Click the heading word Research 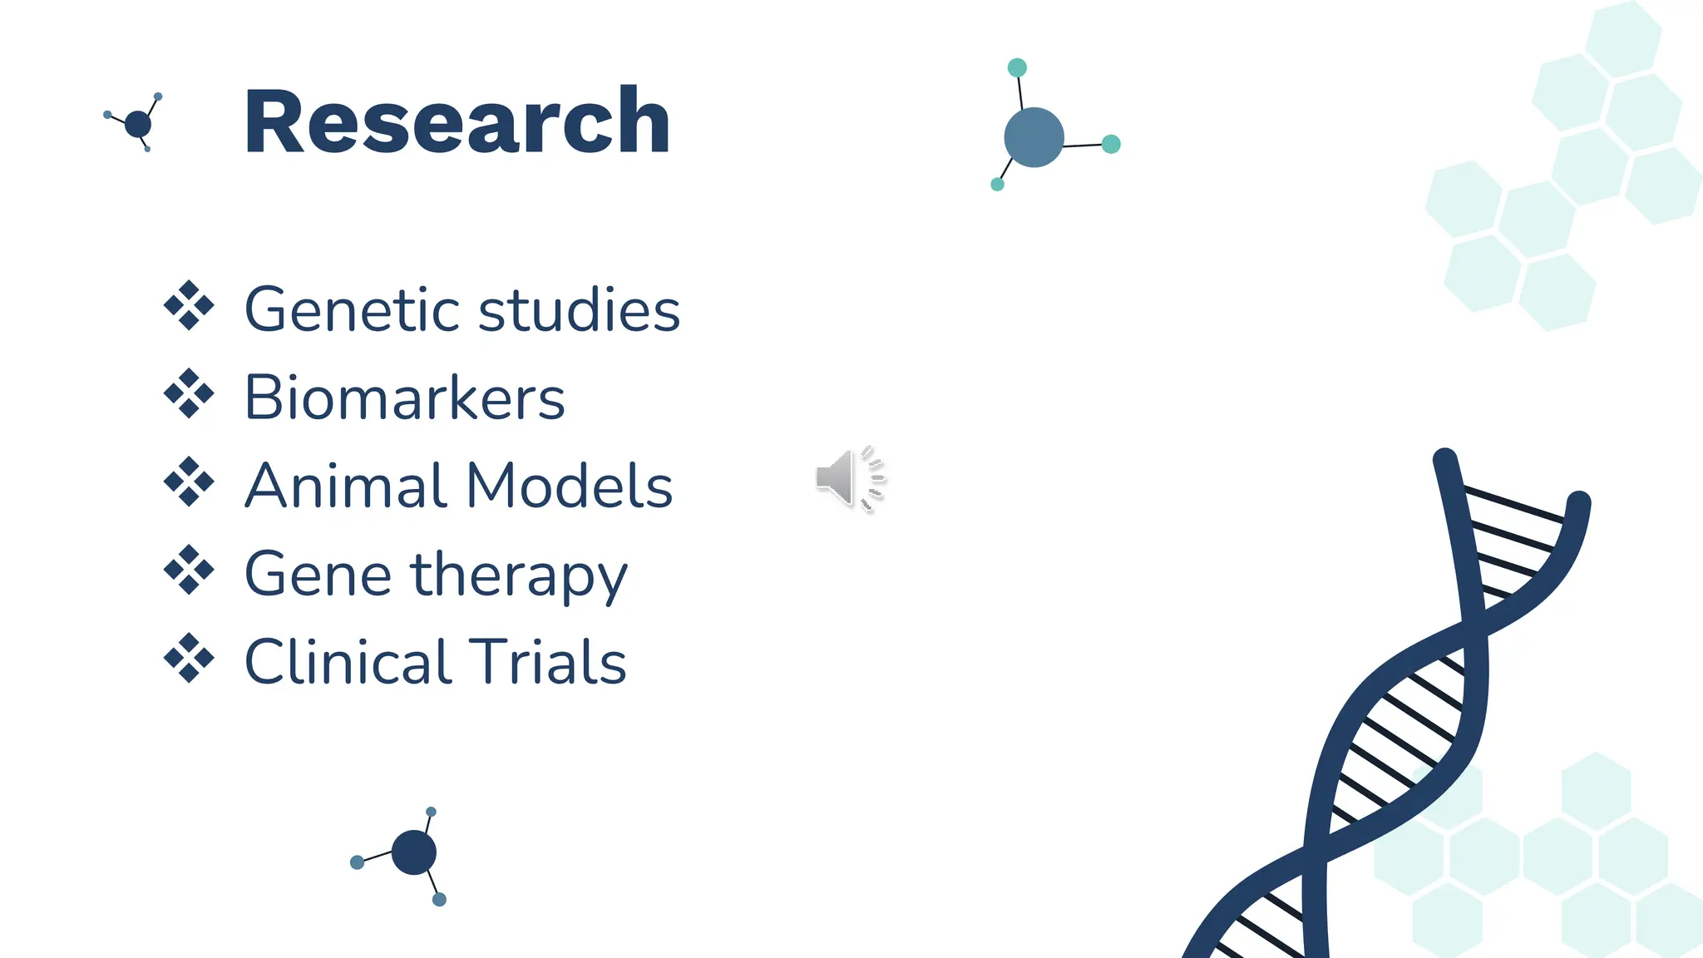coord(457,122)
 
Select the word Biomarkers coord(405,398)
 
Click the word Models coord(570,486)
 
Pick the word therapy coord(520,575)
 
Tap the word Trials coord(547,662)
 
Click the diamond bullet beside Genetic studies coord(189,305)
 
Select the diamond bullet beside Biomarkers coord(189,393)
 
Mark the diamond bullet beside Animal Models coord(189,481)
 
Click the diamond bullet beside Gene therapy coord(189,570)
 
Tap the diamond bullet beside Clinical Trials coord(189,658)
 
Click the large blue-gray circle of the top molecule coord(1034,137)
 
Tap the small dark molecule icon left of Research coord(137,124)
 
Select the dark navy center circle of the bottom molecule coord(413,852)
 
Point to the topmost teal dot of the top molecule coord(1016,67)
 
